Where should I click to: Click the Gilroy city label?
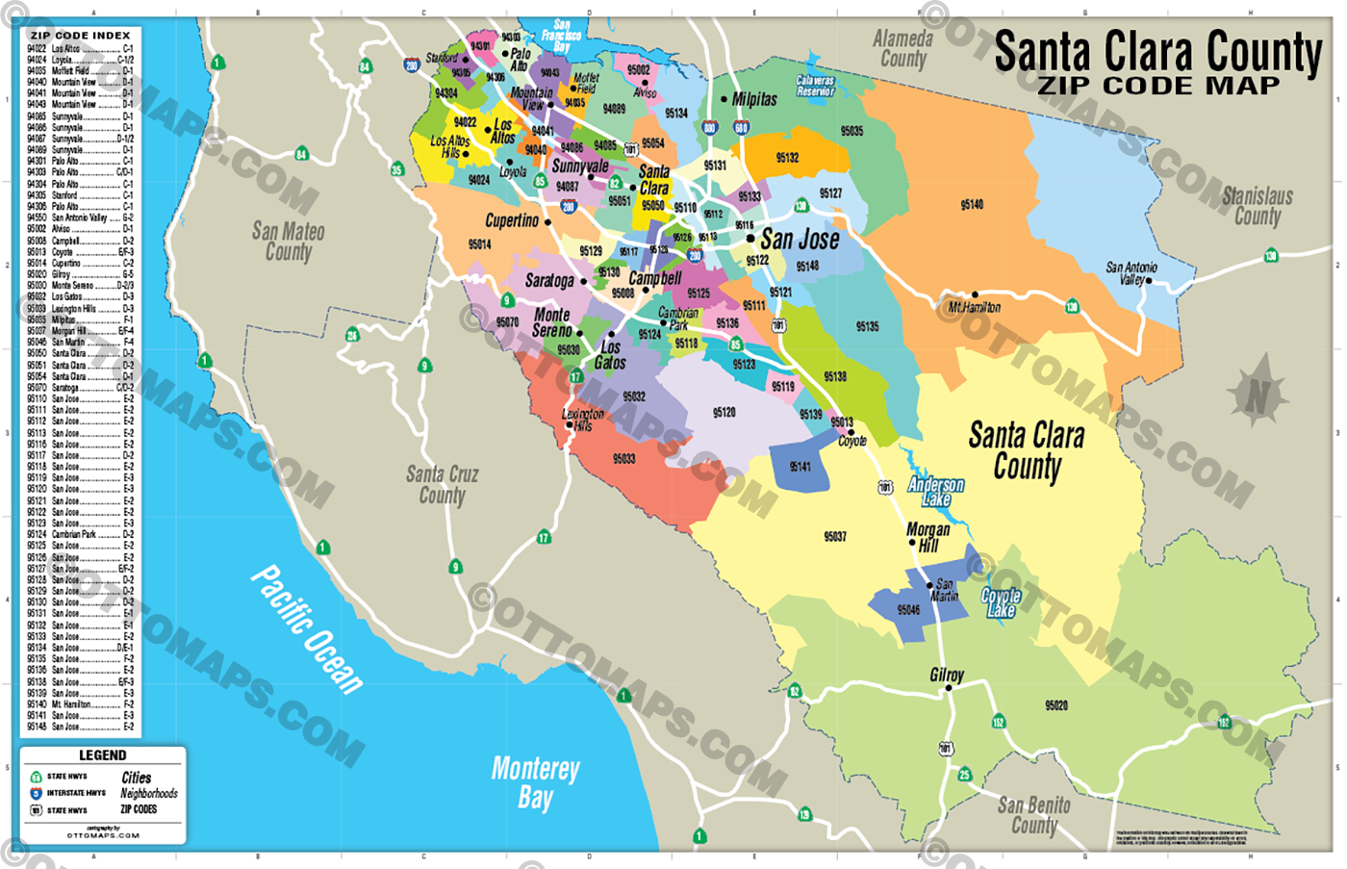946,676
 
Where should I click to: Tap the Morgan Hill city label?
928,537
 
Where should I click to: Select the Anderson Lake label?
935,492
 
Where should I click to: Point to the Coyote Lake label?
1001,603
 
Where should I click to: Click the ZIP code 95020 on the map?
1055,705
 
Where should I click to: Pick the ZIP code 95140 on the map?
972,205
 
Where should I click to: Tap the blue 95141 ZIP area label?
800,467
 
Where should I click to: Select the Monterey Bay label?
536,781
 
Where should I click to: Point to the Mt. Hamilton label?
975,307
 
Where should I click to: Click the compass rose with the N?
1258,395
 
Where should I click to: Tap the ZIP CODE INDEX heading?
80,36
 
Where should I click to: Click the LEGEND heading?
102,755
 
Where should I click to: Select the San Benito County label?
1033,815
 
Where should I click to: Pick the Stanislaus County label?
1257,206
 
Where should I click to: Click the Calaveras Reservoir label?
815,87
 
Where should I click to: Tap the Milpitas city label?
754,99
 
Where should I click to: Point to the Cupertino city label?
512,220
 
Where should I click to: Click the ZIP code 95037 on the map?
835,536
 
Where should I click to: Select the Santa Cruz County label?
442,484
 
